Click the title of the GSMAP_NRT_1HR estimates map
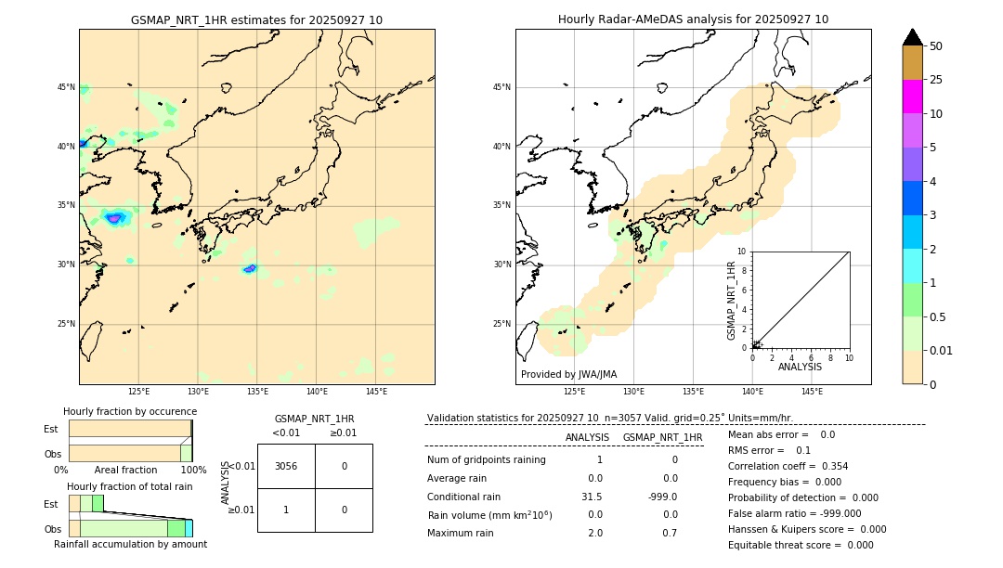pos(256,19)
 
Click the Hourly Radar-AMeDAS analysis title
pos(693,19)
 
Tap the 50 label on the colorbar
pos(936,46)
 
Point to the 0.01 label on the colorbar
pos(942,350)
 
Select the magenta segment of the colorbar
pos(912,97)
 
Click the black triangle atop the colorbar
pos(912,37)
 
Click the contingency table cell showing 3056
pos(286,466)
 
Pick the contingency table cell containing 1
pos(286,510)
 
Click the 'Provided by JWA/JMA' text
pos(568,374)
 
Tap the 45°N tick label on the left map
pos(66,87)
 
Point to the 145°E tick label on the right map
pos(812,392)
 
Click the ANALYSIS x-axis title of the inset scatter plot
pos(800,367)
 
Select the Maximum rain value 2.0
pos(594,533)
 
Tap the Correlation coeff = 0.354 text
pos(788,466)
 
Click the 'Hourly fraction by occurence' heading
pos(130,411)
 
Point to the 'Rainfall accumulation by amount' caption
pos(130,544)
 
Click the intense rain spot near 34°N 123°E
pos(114,218)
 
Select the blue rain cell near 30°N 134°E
pos(249,269)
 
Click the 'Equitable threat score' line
pos(801,545)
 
